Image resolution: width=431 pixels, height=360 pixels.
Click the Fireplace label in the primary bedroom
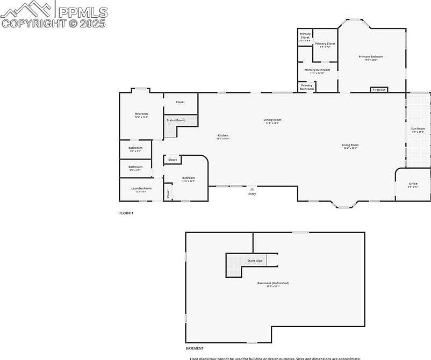pos(379,90)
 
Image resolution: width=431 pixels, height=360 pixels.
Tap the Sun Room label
pos(418,129)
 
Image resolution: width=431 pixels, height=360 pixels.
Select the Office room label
pos(413,184)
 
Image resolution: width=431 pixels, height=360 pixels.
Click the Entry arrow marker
pos(252,189)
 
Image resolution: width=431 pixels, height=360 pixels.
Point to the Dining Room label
pos(272,120)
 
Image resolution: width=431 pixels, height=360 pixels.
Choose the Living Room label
pos(350,145)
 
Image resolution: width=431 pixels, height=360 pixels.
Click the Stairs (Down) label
pos(176,120)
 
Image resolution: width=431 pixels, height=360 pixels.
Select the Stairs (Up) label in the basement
pos(254,261)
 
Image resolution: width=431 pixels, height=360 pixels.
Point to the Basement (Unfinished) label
pos(272,283)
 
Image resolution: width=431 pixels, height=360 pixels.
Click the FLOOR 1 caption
pos(126,213)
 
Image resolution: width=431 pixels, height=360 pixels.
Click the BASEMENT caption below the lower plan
pos(195,348)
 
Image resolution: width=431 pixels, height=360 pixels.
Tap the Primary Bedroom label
pos(371,56)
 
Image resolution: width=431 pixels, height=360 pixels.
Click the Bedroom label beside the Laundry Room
pos(188,178)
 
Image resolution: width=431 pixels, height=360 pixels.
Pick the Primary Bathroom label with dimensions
pos(317,70)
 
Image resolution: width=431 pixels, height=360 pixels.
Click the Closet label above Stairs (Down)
pos(181,102)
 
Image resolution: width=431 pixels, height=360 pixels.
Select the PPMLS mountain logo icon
pos(28,9)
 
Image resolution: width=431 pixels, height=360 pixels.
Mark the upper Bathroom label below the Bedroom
pos(135,148)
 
